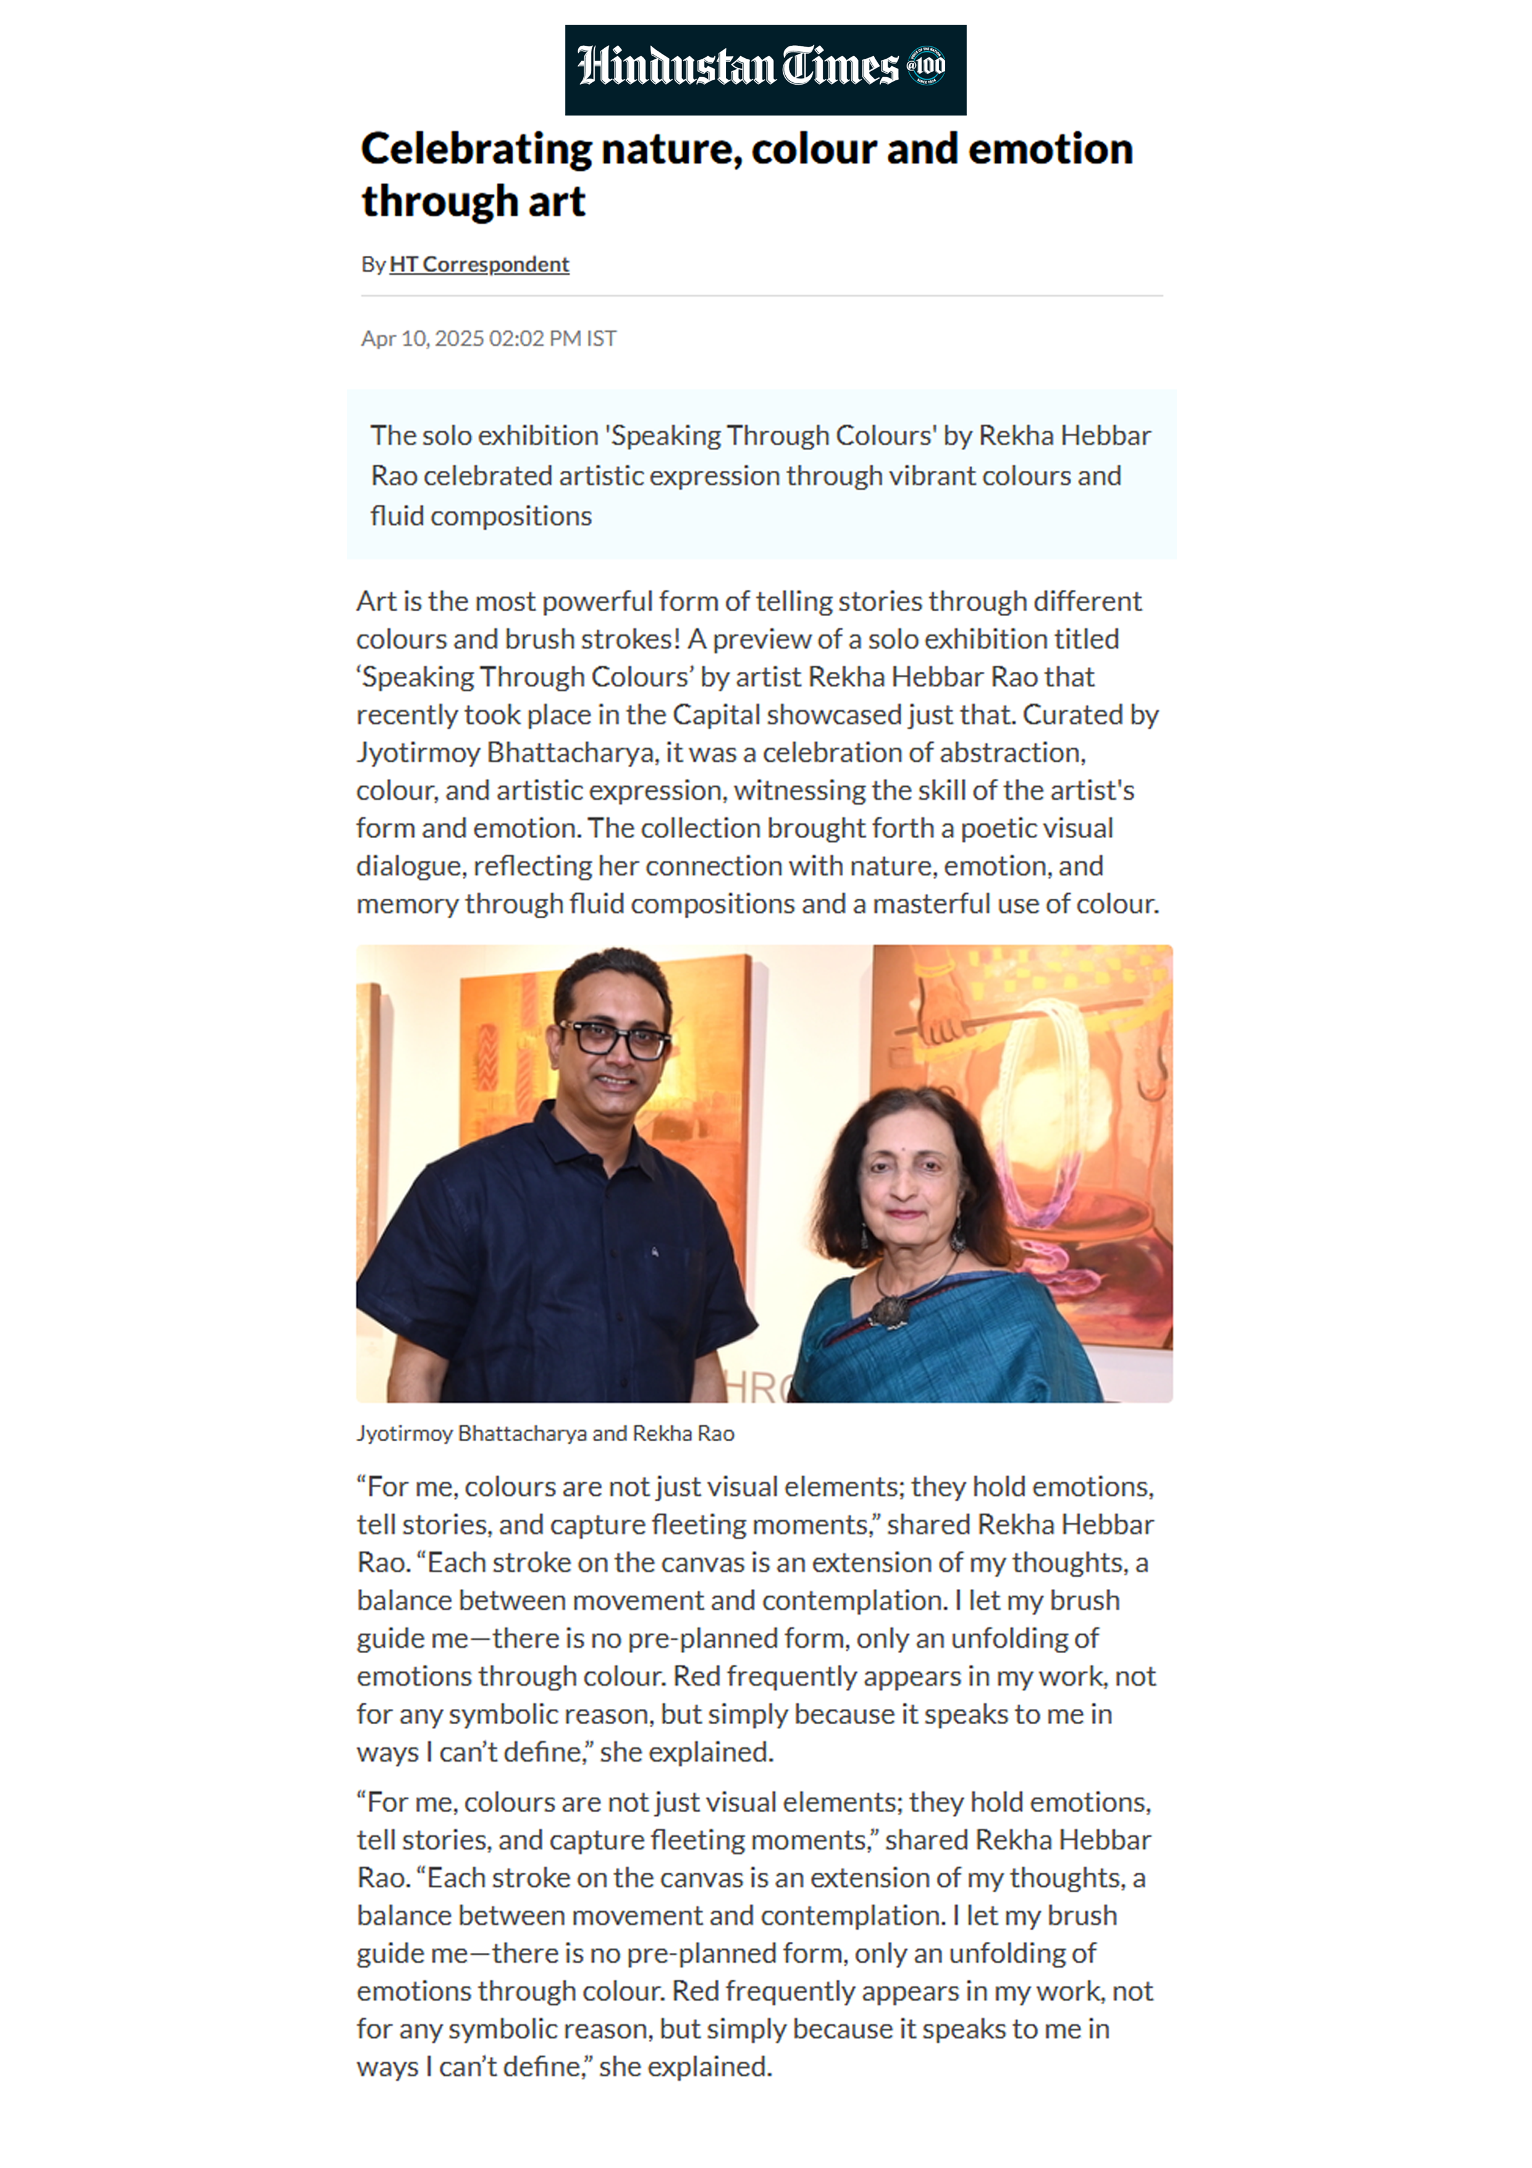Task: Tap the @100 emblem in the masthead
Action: [926, 65]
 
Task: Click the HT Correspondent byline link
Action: [479, 265]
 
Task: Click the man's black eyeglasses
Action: [615, 1039]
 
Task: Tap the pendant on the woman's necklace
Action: [889, 1310]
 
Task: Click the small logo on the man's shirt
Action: [654, 1252]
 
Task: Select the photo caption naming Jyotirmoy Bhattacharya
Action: [545, 1433]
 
